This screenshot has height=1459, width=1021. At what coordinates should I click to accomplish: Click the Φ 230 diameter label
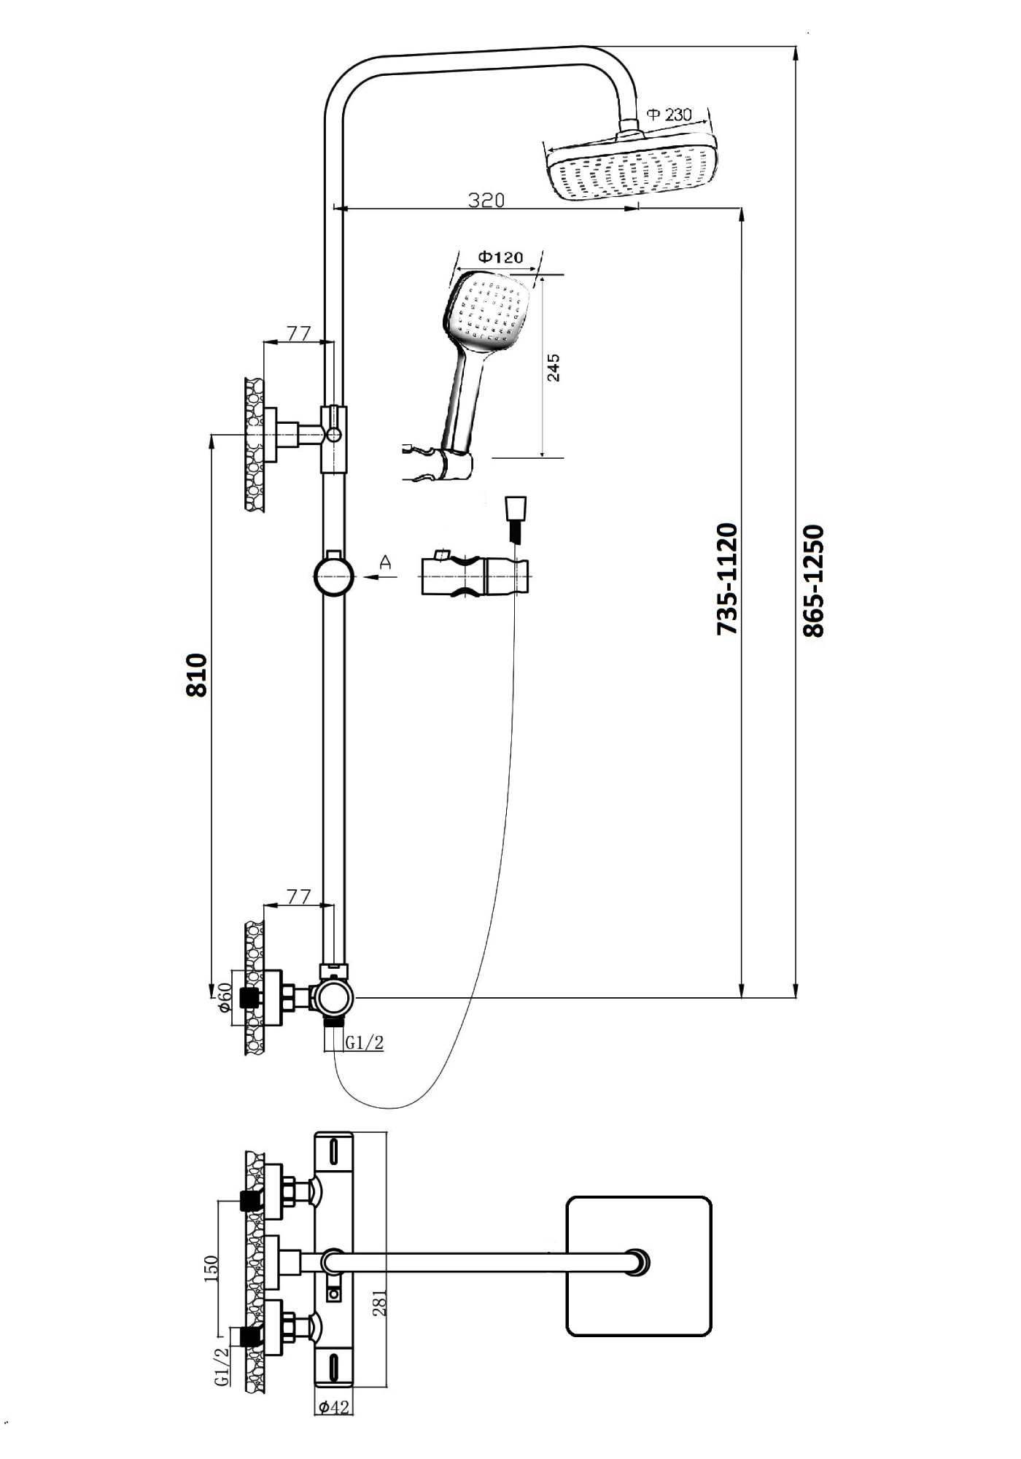(669, 115)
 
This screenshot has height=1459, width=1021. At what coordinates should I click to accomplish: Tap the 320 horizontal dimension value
(486, 199)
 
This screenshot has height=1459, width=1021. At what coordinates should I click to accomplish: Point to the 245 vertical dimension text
(554, 367)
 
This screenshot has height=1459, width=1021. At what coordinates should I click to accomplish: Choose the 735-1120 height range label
(727, 578)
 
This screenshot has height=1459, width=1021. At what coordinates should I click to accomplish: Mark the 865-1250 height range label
(812, 581)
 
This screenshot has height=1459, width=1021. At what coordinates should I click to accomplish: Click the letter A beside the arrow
(386, 562)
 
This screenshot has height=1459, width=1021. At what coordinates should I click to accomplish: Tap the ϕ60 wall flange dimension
(225, 996)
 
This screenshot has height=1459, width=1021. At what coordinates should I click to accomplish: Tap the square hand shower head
(486, 314)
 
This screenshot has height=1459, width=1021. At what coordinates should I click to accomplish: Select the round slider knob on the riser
(334, 576)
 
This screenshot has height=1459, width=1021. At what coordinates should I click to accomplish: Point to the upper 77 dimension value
(298, 333)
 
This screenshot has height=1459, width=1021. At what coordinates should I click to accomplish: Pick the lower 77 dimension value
(298, 897)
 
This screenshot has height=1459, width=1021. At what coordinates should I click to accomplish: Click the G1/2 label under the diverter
(364, 1043)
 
